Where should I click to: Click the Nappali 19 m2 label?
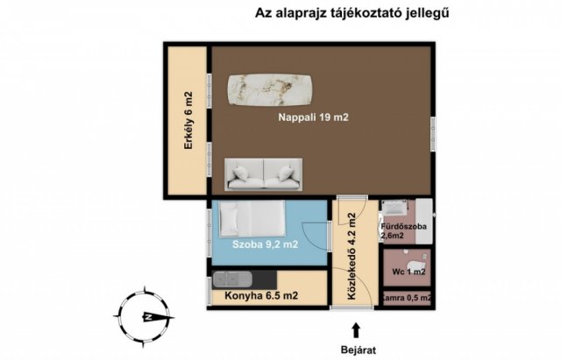313,117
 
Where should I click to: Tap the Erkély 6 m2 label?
188,121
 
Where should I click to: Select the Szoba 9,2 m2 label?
265,244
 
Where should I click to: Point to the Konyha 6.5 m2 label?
261,296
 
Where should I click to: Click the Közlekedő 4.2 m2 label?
352,256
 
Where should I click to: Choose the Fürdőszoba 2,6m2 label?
403,231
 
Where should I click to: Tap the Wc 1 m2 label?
408,272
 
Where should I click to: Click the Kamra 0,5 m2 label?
407,298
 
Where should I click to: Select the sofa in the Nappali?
264,174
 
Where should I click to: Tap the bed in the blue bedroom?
252,218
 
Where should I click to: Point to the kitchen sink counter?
244,279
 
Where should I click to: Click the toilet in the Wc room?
417,266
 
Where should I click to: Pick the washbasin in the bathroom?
394,207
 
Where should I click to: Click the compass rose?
144,317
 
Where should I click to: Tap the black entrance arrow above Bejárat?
356,330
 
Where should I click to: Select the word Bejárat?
359,349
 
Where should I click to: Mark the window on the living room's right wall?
432,129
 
